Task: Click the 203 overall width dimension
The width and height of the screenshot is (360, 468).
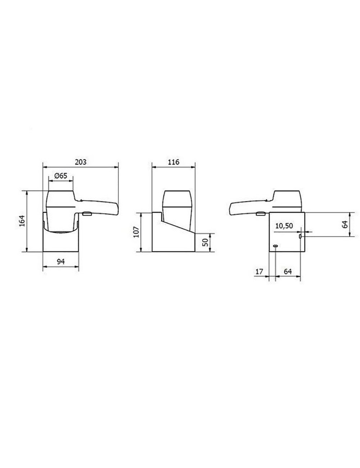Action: coord(81,162)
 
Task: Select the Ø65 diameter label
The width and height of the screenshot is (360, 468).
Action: coord(60,176)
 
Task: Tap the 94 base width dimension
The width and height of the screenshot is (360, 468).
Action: coord(60,262)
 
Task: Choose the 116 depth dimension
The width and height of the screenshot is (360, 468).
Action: coord(173,162)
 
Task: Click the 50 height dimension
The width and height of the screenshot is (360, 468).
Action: coord(205,242)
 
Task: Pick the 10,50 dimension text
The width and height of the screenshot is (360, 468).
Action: coord(284,226)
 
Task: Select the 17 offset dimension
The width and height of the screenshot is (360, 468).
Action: coord(259,272)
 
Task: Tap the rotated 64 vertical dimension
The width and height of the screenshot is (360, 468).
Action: coord(345,224)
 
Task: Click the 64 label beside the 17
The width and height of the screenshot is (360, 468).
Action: coord(288,272)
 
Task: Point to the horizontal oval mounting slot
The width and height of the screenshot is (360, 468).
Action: coord(275,246)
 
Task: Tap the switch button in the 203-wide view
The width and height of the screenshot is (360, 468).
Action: coord(87,214)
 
